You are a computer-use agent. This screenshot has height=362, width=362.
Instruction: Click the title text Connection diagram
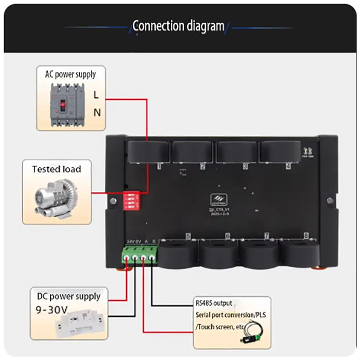click(x=178, y=26)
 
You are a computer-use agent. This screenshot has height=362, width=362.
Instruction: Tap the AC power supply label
click(x=70, y=74)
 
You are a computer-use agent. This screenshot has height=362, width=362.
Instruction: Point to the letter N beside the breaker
click(x=97, y=113)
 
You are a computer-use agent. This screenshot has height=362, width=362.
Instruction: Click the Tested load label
click(x=57, y=169)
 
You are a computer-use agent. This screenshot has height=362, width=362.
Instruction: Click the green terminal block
click(x=140, y=257)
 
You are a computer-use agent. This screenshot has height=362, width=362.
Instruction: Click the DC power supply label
click(x=68, y=296)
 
